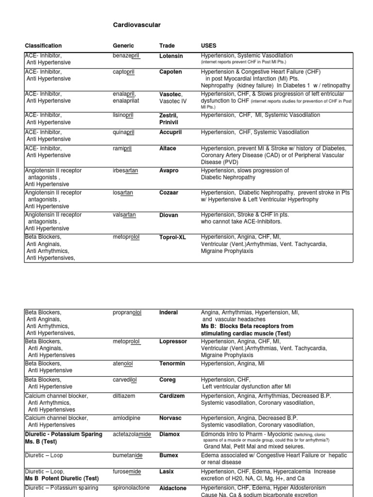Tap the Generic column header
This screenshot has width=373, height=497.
(123, 46)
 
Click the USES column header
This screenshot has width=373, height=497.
(209, 46)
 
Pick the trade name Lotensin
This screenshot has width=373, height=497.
(171, 56)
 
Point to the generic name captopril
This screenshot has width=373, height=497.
(124, 72)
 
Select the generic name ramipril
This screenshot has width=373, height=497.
(122, 149)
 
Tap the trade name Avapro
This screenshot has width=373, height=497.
(169, 171)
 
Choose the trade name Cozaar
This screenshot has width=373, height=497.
(169, 193)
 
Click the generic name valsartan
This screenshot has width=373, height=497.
(123, 215)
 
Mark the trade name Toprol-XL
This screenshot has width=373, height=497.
(173, 237)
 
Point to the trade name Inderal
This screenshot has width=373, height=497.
(169, 313)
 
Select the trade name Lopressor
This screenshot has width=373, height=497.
(173, 342)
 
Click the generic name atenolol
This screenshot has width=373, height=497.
(123, 363)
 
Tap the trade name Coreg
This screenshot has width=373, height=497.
(168, 380)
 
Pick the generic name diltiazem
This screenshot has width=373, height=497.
(124, 396)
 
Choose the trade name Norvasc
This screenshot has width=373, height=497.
(170, 418)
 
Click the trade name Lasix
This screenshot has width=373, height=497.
(167, 471)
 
